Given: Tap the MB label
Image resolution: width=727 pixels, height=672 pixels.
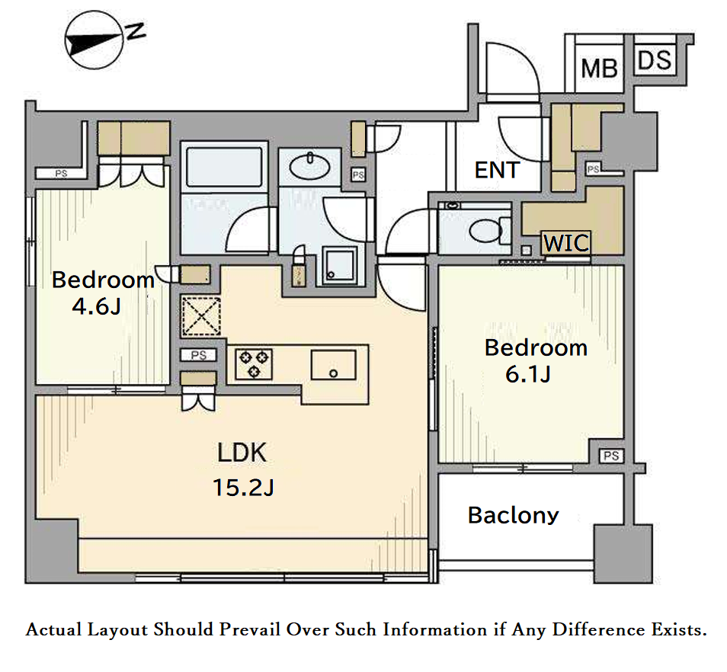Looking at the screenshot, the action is click(599, 69).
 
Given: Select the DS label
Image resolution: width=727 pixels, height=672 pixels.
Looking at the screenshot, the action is click(655, 60).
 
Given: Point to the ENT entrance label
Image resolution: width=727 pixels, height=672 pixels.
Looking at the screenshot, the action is click(497, 170).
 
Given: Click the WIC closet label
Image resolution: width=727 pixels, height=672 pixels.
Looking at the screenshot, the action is click(566, 242).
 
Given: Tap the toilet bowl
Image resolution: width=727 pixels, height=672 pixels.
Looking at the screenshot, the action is click(485, 230).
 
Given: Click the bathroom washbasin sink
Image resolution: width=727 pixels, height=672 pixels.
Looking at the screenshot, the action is click(309, 166).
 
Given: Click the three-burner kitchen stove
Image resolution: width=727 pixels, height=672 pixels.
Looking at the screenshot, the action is click(254, 364).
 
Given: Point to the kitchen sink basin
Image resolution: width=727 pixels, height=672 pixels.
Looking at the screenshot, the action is click(333, 365).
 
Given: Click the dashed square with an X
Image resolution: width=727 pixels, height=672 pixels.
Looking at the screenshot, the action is click(200, 316).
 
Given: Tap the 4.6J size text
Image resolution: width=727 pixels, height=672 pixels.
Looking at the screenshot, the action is click(97, 306).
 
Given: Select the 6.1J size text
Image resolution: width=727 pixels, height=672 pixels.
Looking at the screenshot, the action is click(528, 374).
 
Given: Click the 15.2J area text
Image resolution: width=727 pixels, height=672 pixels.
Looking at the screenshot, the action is click(243, 488).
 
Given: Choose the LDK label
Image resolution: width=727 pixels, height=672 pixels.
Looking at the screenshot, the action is click(242, 453).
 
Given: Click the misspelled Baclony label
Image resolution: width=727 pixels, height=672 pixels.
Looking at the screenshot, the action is click(514, 515).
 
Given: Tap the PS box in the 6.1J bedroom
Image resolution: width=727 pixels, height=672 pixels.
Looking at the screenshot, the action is click(611, 456).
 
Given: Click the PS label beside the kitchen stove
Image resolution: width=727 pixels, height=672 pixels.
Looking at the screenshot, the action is click(198, 355).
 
